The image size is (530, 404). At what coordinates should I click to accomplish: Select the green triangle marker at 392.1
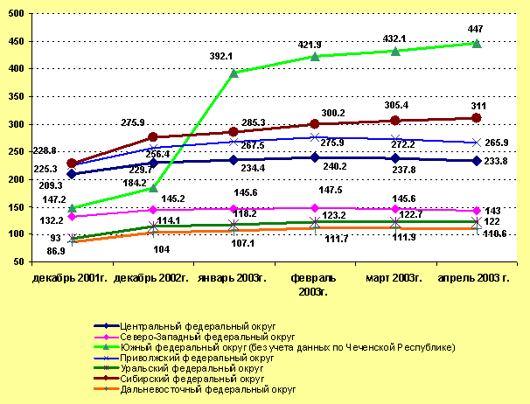point(234,73)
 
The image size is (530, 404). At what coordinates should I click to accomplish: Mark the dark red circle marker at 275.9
point(153,137)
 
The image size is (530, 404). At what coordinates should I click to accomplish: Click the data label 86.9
point(54,250)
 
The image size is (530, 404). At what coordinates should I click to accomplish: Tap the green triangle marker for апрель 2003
point(477,42)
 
